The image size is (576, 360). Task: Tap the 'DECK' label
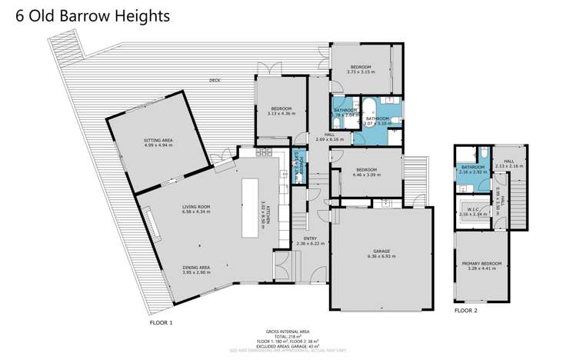tap(215, 81)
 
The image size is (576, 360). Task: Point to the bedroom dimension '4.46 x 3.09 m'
tap(366, 175)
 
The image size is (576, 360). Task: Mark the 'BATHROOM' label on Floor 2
tap(473, 167)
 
